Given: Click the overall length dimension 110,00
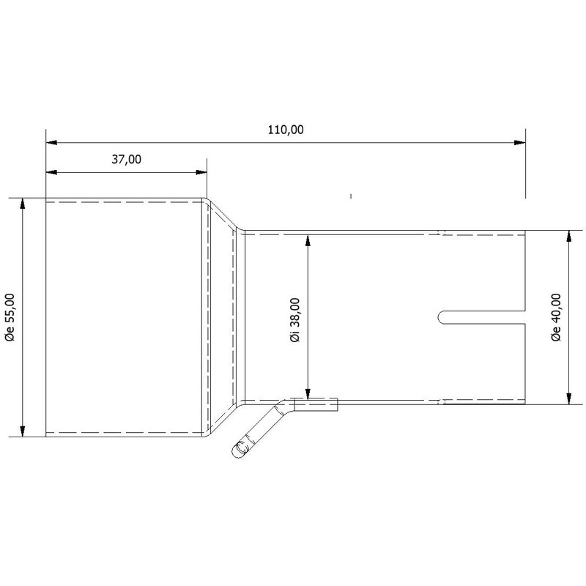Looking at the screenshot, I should click(285, 130).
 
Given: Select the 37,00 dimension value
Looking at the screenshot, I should click(127, 160).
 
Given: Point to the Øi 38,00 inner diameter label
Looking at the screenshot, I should click(294, 319).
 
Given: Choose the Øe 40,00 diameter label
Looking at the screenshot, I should click(556, 317).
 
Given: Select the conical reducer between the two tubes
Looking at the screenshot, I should click(222, 316).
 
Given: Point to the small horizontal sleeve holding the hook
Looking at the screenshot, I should click(315, 404).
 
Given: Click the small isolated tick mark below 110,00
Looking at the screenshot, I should click(352, 196).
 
